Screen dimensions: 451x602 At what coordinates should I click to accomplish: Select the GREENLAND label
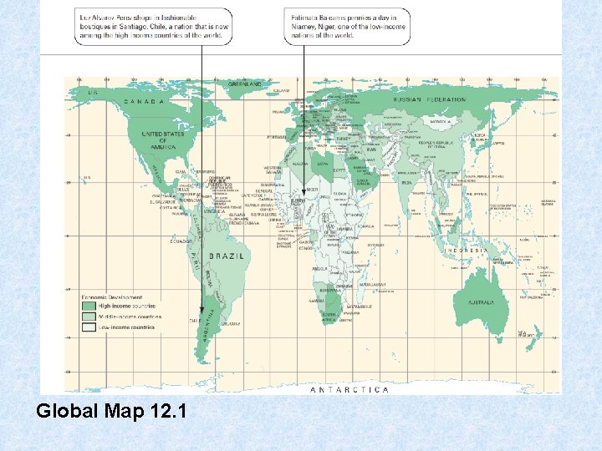point(247,84)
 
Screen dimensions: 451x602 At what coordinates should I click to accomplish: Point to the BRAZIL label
point(227,256)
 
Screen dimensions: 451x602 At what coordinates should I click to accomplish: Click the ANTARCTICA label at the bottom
point(349,389)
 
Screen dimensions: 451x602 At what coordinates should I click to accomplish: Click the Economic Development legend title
point(111,296)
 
